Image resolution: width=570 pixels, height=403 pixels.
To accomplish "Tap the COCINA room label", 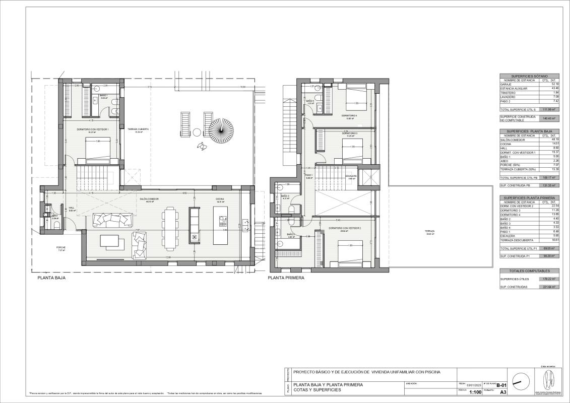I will point(220,199).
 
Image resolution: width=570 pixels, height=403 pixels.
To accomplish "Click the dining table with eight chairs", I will point(170,231).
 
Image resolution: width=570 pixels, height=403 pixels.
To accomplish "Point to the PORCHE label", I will point(61,247).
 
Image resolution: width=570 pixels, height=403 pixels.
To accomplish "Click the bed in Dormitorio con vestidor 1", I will point(95,150).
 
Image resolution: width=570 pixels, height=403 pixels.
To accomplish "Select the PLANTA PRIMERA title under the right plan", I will point(286,278).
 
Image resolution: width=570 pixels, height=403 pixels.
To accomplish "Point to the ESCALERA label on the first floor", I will point(351,176).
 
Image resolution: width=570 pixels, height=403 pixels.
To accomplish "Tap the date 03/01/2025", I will point(475,386).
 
